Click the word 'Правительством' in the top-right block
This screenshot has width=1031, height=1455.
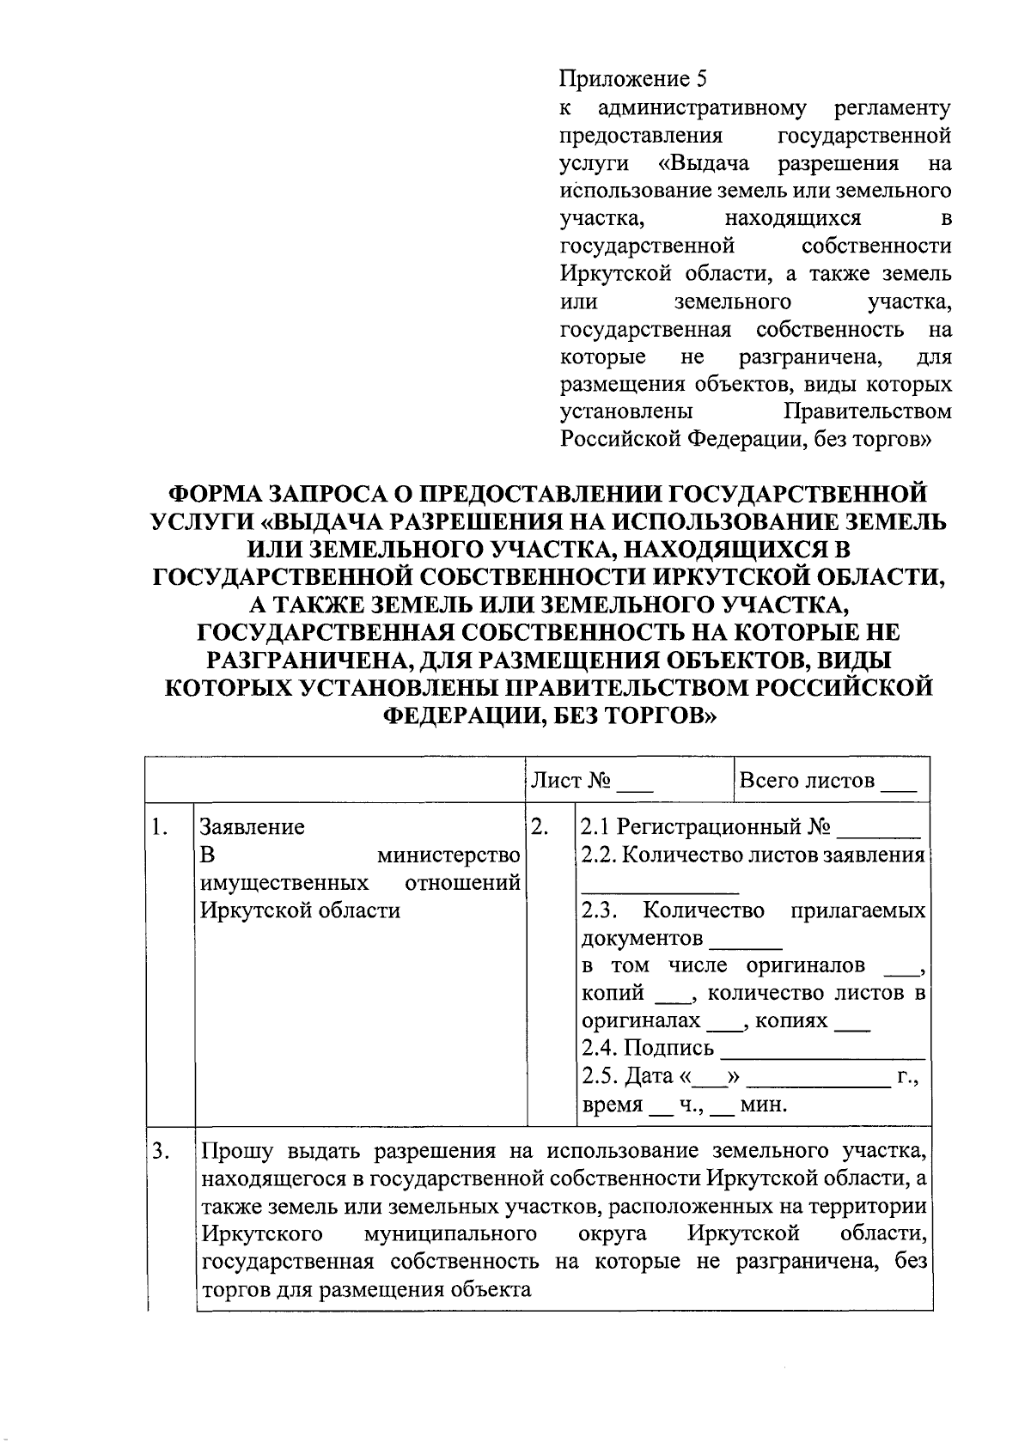(x=868, y=411)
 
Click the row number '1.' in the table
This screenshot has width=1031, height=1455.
(x=158, y=827)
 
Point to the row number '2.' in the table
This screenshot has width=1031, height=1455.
(x=540, y=827)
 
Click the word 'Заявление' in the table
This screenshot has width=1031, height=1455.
(x=252, y=827)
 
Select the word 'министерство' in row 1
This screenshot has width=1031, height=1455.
(x=449, y=855)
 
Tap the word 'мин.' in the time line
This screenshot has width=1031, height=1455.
(x=764, y=1105)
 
